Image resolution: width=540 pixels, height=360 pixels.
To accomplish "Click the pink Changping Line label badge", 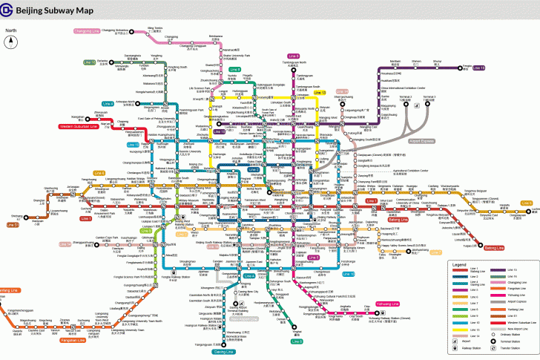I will tap(87, 31).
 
